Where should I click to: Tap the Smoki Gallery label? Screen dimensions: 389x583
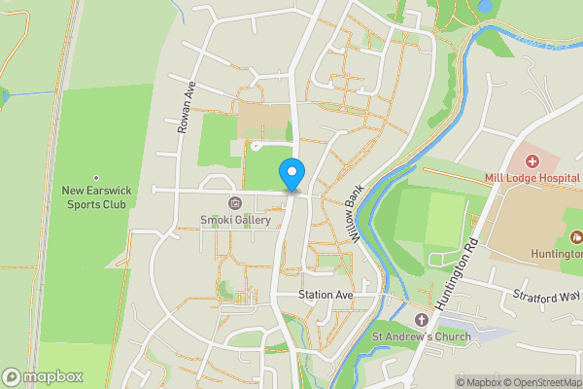pyautogui.click(x=235, y=220)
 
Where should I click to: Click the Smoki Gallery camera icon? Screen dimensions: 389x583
pyautogui.click(x=235, y=203)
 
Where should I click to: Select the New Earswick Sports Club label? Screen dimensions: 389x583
pyautogui.click(x=95, y=198)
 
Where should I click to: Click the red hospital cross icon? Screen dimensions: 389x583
pyautogui.click(x=532, y=160)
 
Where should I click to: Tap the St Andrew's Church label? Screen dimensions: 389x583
pyautogui.click(x=422, y=337)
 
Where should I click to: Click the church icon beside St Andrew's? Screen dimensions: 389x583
pyautogui.click(x=422, y=320)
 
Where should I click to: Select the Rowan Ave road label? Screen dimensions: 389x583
pyautogui.click(x=186, y=107)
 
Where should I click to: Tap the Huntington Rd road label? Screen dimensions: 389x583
pyautogui.click(x=457, y=275)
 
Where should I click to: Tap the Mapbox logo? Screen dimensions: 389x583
pyautogui.click(x=42, y=375)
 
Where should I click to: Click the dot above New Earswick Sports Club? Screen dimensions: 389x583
pyautogui.click(x=95, y=178)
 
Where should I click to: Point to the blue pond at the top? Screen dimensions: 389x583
pyautogui.click(x=484, y=7)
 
